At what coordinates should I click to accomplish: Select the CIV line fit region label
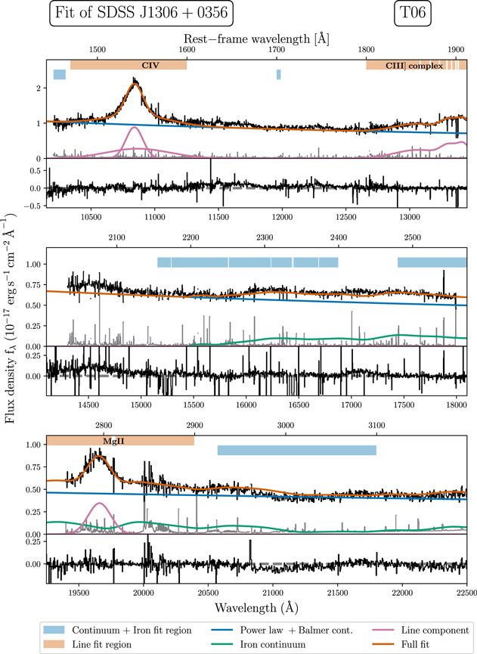(x=129, y=65)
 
